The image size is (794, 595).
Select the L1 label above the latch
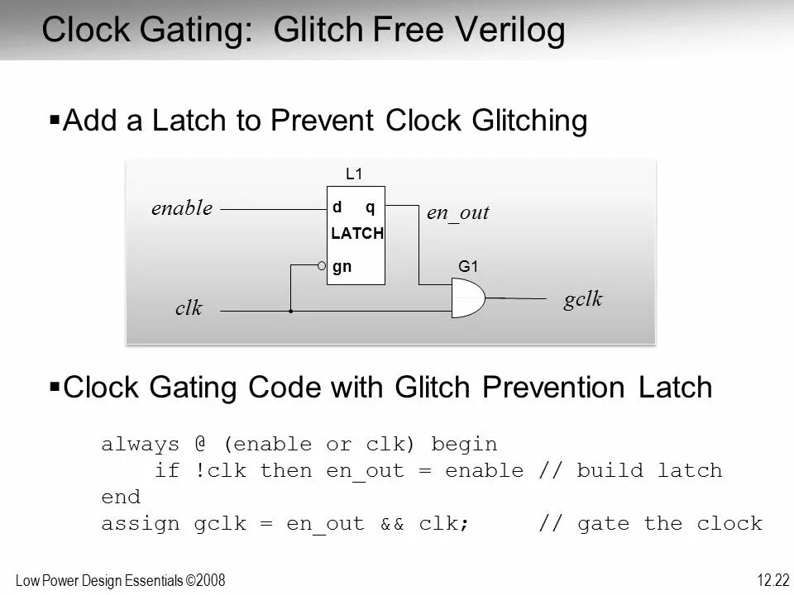coord(354,174)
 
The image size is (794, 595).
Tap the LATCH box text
coord(357,234)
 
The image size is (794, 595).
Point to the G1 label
coord(469,267)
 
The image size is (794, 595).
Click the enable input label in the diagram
coord(182,208)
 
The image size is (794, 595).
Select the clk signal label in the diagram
coord(189,308)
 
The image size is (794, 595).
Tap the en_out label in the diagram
coord(458,213)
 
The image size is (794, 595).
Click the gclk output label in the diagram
coord(583,299)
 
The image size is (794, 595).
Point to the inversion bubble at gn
coord(323,266)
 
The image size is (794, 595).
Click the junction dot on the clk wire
coord(290,312)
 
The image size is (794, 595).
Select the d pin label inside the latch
coord(337,207)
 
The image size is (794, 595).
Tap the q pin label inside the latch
coord(371,207)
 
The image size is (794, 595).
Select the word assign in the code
coord(141,524)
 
